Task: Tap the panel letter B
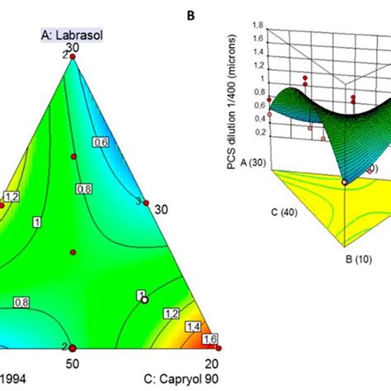tap(191, 38)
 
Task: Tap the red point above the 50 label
tap(72, 348)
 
